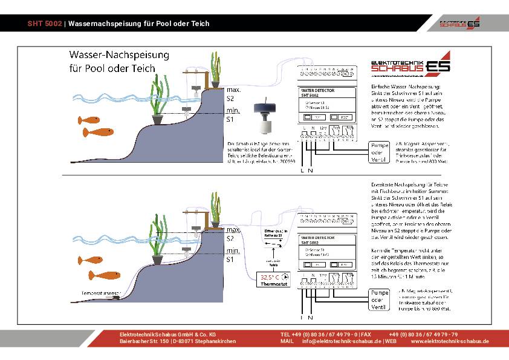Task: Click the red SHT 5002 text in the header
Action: (x=45, y=24)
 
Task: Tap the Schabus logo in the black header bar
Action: (x=460, y=23)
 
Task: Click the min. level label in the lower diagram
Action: (x=233, y=250)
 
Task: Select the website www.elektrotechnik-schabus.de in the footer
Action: (x=450, y=341)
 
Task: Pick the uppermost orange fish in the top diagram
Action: (x=89, y=120)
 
